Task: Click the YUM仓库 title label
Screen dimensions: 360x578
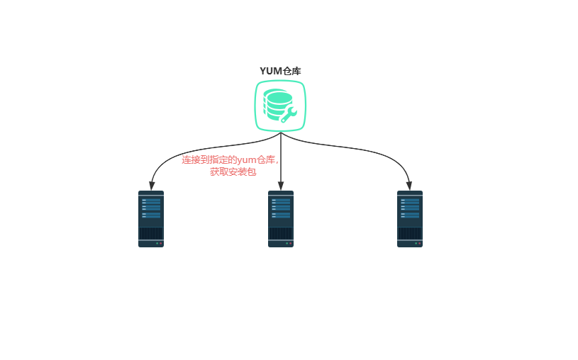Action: click(x=280, y=71)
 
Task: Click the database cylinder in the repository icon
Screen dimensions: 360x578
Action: click(x=276, y=103)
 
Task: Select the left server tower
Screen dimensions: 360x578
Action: click(x=151, y=219)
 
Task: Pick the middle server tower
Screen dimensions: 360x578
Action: click(x=281, y=219)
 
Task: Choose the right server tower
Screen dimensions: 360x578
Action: click(x=410, y=219)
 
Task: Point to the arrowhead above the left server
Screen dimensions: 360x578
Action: click(x=151, y=186)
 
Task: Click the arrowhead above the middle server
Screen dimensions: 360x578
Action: click(x=281, y=186)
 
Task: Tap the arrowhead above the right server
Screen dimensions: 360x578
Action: click(x=410, y=186)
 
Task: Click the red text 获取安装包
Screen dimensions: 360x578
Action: click(x=233, y=171)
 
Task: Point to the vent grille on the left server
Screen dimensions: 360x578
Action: click(x=151, y=232)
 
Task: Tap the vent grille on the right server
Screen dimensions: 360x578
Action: click(x=410, y=232)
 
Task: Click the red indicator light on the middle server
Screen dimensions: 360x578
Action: click(x=291, y=244)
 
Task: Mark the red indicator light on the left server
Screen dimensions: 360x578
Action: click(x=161, y=244)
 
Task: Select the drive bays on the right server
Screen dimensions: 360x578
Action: click(x=410, y=207)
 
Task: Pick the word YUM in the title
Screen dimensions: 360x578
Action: click(x=271, y=71)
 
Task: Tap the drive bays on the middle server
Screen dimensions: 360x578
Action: click(x=281, y=207)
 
